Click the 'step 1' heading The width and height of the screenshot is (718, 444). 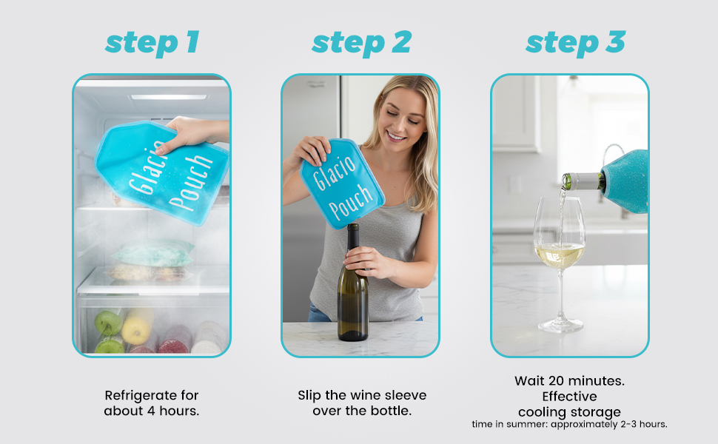pyautogui.click(x=152, y=43)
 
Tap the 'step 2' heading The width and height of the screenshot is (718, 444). pyautogui.click(x=361, y=43)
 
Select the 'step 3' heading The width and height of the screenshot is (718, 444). pyautogui.click(x=575, y=43)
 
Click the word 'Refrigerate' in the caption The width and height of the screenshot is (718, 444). pyautogui.click(x=135, y=395)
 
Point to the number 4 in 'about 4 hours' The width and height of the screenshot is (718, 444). pyautogui.click(x=151, y=411)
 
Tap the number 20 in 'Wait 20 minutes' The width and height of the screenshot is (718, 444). pyautogui.click(x=556, y=380)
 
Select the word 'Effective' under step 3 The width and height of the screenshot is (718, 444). pyautogui.click(x=570, y=396)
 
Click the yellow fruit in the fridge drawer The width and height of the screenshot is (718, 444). pyautogui.click(x=136, y=326)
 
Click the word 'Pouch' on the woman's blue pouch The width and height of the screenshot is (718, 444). pyautogui.click(x=351, y=201)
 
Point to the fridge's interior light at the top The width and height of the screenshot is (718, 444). pyautogui.click(x=169, y=97)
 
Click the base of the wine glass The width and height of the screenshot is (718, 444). pyautogui.click(x=560, y=326)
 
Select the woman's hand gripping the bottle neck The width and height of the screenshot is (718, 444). pyautogui.click(x=365, y=261)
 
